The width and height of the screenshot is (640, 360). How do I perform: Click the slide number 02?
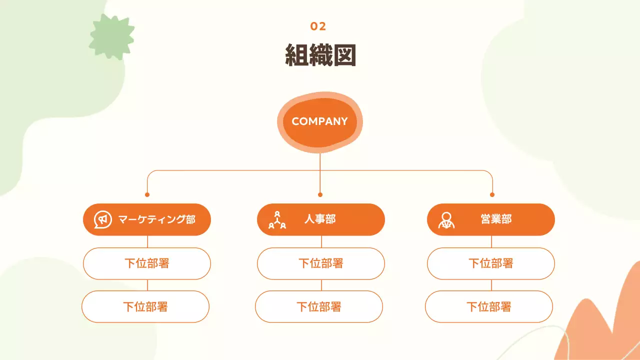pos(318,26)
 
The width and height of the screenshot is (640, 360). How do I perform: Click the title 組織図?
pos(320,55)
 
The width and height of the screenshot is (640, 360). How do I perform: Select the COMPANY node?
pos(319,121)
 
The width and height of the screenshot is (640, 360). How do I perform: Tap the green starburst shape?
pos(111,36)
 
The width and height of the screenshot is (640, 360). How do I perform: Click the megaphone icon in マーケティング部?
pos(102,219)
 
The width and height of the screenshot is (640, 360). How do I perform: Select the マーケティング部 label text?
pos(156,219)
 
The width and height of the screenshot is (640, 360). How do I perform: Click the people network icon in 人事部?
pos(277,220)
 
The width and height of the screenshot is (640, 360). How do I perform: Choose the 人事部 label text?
pos(320,219)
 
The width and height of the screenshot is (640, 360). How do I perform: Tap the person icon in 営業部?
pos(446,220)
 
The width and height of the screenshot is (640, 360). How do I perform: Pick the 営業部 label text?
pos(496,219)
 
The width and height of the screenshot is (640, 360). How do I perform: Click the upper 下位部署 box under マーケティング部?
pos(147,263)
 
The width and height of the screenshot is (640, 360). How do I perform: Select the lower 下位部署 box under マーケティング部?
pos(145,306)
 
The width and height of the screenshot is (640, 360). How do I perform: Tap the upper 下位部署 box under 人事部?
pos(321,263)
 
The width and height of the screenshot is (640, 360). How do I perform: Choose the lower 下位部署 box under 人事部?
pos(319,306)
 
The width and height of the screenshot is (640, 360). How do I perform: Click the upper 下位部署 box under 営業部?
pos(491,263)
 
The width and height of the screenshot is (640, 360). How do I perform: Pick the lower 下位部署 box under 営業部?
pos(489,306)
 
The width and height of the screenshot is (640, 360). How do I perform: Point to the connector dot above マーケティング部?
pos(147,194)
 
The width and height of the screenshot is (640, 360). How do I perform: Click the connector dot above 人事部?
pos(320,194)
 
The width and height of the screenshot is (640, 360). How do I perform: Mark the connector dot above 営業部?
pos(492,194)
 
